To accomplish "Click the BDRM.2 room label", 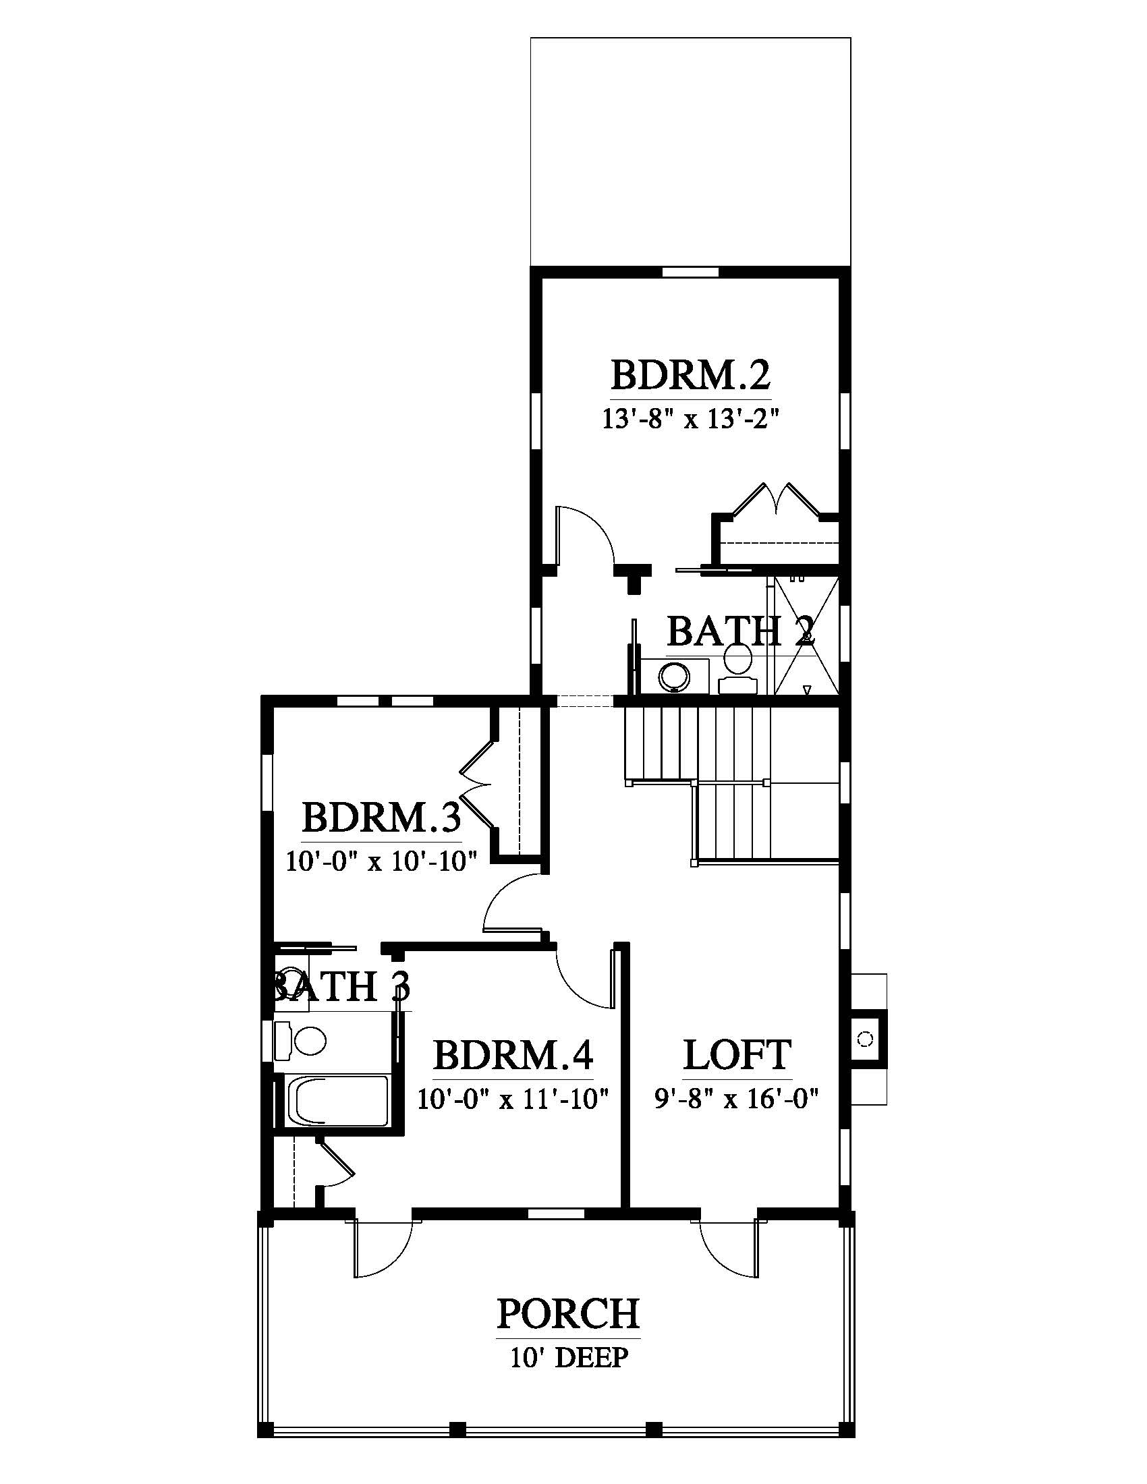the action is coord(690,374).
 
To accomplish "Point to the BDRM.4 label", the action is coord(513,1055).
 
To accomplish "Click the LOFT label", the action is coord(737,1055).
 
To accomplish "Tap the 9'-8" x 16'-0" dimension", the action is coord(736,1099).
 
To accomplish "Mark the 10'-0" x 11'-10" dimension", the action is coord(512,1099).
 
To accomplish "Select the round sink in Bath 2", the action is coord(675,675).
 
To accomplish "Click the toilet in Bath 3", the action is coord(300,1040).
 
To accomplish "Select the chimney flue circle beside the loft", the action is coord(865,1039).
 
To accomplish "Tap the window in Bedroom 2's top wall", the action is coord(690,272).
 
